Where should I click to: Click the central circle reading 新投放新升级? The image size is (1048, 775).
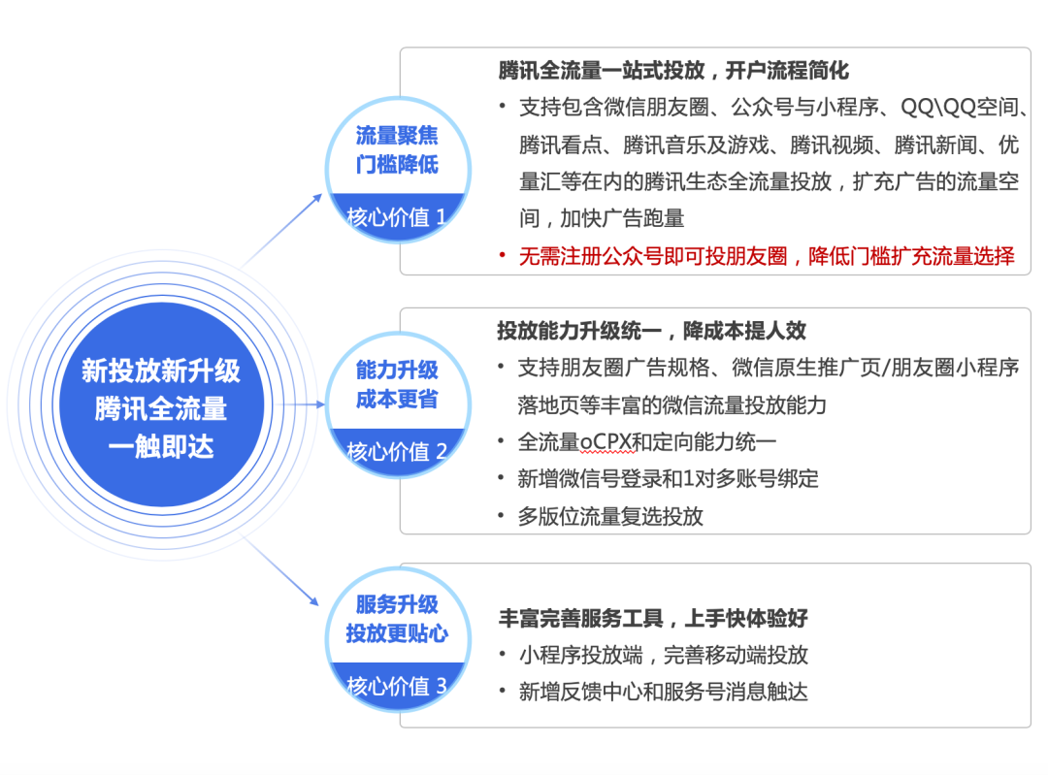pos(162,404)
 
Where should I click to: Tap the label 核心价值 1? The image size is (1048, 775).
pos(396,217)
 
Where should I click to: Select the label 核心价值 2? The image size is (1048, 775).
pos(396,452)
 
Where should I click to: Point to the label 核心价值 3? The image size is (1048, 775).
pos(396,686)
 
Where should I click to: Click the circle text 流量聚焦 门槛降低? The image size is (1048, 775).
pos(397,149)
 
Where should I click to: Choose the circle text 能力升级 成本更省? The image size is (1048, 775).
pos(397,384)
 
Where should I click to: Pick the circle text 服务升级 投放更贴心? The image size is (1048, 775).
pos(397,619)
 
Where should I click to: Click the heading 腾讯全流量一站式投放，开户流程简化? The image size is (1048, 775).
pos(673,70)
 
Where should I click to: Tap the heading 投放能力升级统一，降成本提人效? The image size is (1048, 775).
pos(652,331)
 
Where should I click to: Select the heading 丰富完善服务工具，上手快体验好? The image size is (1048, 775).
pos(653,618)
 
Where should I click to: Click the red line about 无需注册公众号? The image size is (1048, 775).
pos(767,256)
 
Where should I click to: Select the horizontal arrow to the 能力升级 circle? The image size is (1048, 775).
pos(305,404)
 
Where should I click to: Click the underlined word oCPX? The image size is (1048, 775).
pos(606,442)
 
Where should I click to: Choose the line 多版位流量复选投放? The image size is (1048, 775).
pos(610,516)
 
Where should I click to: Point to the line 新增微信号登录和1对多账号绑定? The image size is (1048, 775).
pos(669,479)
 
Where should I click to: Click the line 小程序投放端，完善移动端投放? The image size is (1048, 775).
pos(664,656)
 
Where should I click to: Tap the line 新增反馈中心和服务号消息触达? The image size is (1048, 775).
pos(664,692)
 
